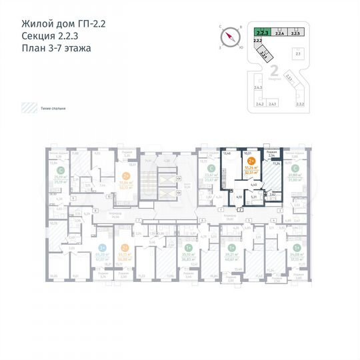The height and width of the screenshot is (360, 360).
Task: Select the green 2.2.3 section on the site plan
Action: click(262, 31)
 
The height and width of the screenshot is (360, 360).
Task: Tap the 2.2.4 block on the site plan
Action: click(280, 31)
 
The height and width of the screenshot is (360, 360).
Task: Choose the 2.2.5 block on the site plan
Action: click(297, 31)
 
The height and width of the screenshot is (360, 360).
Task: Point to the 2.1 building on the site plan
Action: click(298, 55)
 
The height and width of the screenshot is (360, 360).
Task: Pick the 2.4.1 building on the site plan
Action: click(273, 104)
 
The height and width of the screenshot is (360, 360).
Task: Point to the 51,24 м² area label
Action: click(251, 167)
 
